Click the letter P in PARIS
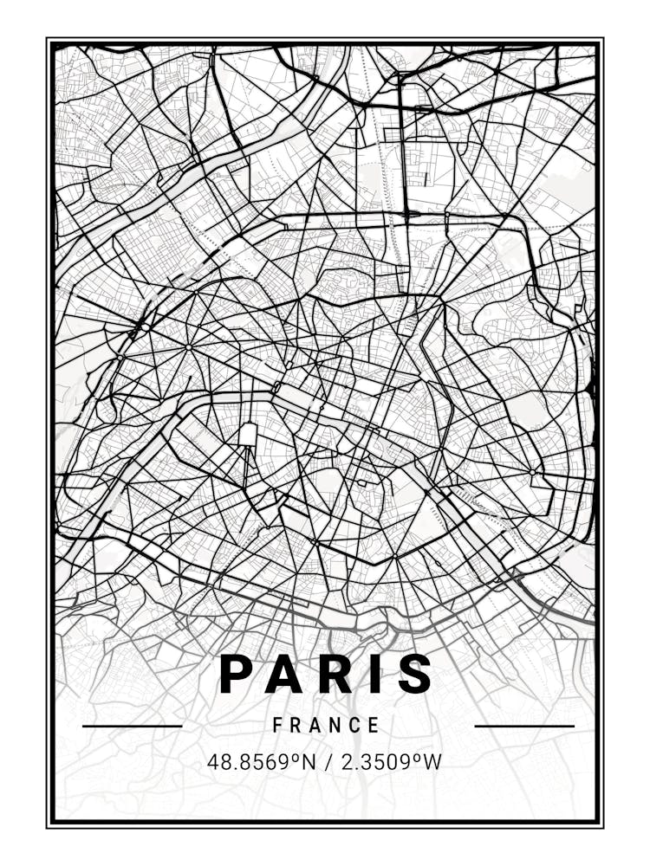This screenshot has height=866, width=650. click(237, 674)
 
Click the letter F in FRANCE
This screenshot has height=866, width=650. click(278, 726)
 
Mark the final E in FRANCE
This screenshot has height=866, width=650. click(374, 726)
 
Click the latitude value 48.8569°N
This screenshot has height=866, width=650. click(259, 763)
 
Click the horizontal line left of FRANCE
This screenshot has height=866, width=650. click(132, 726)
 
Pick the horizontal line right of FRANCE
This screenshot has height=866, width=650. click(524, 726)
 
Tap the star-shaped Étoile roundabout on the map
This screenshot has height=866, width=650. click(188, 347)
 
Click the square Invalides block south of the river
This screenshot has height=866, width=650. click(250, 434)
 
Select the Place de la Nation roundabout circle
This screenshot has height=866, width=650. click(534, 473)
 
